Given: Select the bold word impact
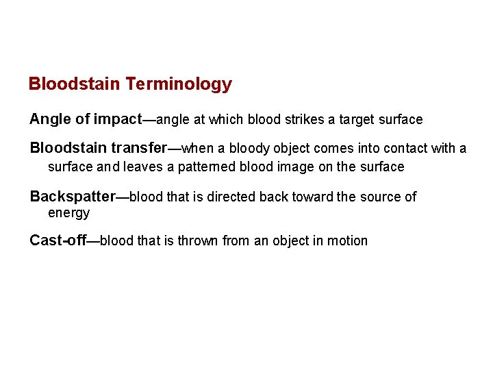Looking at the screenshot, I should click(116, 119).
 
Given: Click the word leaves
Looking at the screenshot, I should click(142, 166).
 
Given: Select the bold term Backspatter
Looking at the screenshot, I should click(73, 197).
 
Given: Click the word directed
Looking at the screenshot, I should click(231, 197).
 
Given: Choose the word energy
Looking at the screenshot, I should click(68, 213).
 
